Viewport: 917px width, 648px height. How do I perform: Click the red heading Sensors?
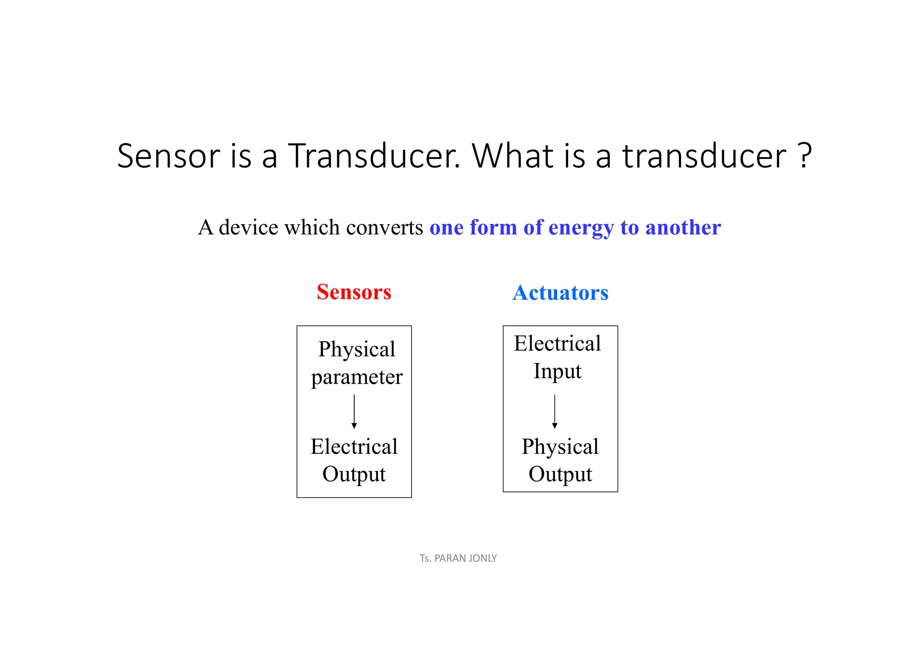coord(354,292)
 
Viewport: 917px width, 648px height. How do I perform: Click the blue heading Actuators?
coord(560,293)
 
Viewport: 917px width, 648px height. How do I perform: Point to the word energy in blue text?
coord(581,227)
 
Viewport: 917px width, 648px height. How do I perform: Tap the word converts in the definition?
coord(384,227)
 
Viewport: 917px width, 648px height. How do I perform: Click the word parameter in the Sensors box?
coord(357,377)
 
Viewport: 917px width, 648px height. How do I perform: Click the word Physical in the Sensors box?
coord(357,350)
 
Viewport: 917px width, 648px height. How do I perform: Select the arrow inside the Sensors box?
coord(354,411)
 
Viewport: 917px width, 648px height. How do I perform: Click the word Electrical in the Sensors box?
coord(354,447)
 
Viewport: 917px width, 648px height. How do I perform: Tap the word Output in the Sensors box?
coord(354,474)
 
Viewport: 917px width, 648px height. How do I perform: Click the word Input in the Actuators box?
coord(557,371)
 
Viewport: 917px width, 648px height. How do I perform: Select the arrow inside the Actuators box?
coord(555,411)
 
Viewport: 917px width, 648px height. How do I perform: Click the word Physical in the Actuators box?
coord(560,447)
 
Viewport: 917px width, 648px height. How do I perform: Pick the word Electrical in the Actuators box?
coord(557,344)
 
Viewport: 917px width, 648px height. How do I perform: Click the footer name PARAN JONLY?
coord(466,558)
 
